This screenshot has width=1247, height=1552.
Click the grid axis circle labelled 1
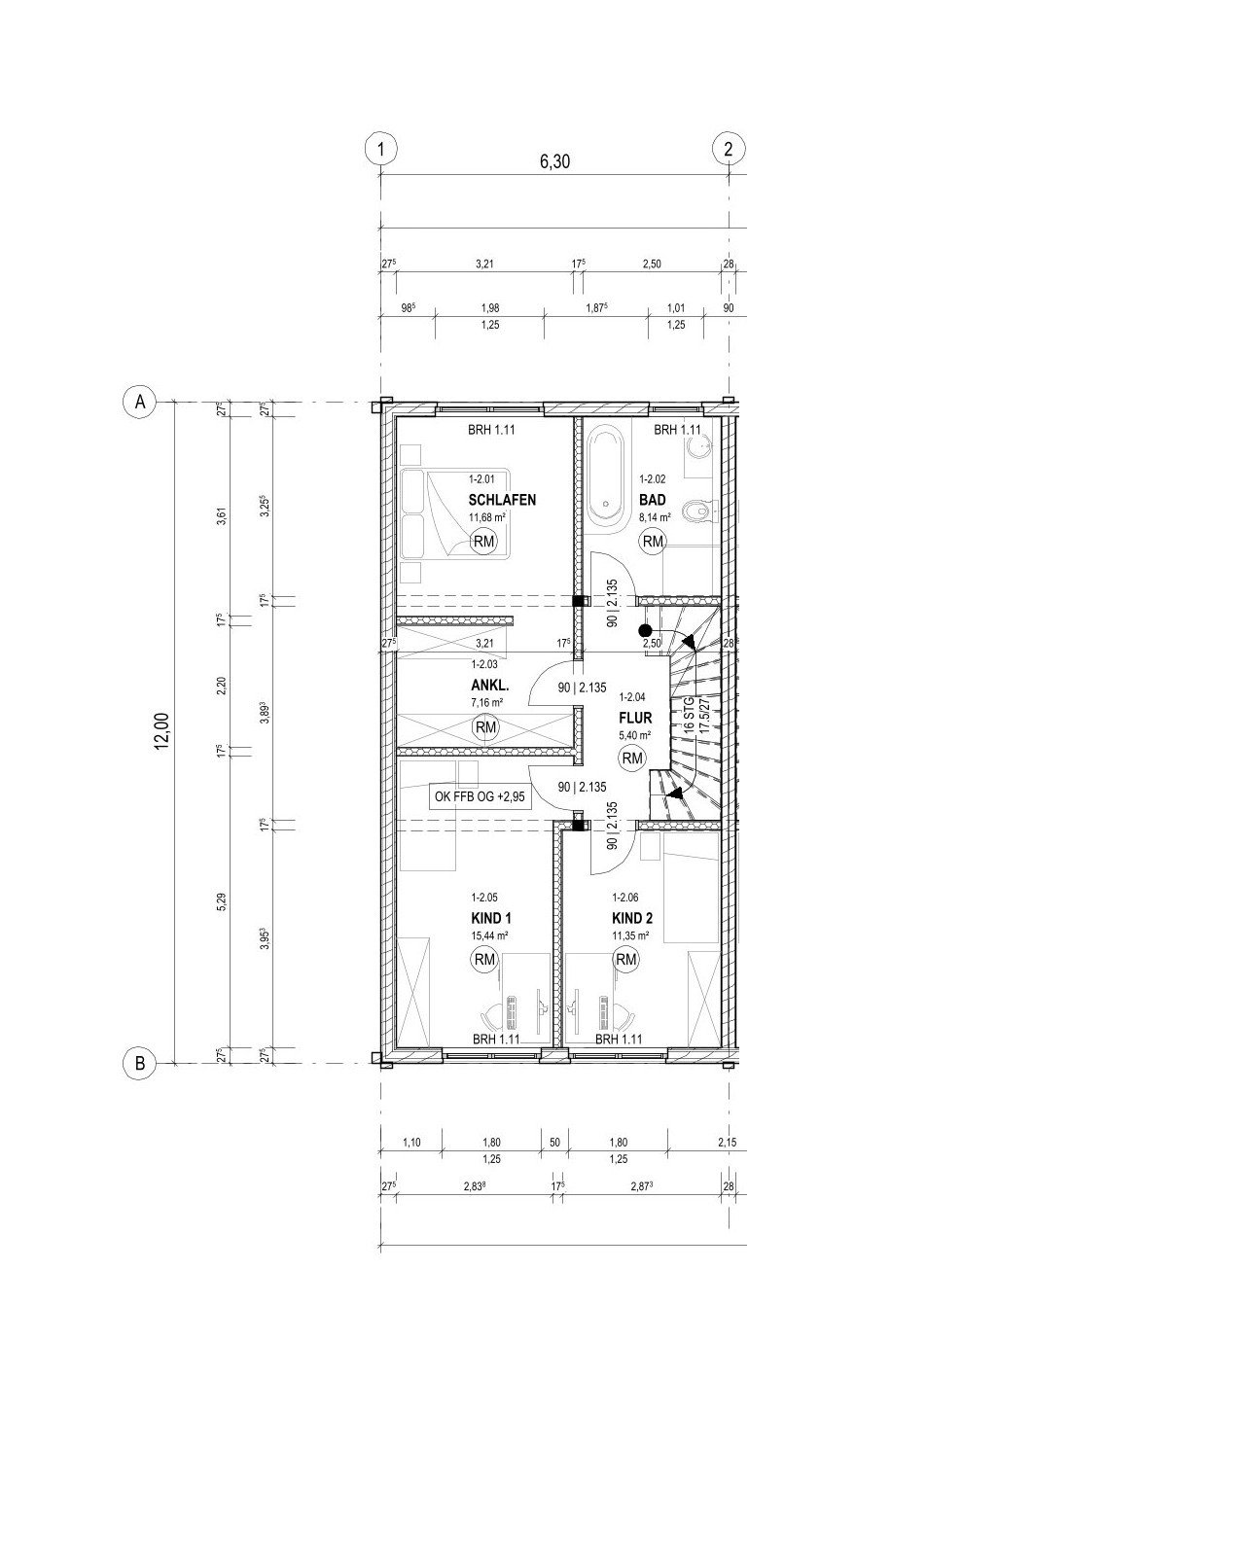click(x=381, y=149)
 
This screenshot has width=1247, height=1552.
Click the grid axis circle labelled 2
click(x=728, y=149)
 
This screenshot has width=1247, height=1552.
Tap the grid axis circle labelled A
click(x=140, y=402)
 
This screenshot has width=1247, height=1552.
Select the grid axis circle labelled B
click(x=140, y=1064)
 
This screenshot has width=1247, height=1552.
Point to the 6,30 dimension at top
click(x=554, y=161)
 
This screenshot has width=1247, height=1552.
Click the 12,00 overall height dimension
click(x=161, y=731)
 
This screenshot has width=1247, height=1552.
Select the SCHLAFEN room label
click(x=502, y=500)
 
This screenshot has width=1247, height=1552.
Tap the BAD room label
click(x=652, y=500)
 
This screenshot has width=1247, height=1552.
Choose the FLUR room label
click(x=633, y=718)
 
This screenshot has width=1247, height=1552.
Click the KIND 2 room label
click(x=632, y=918)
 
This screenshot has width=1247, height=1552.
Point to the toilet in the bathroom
click(x=698, y=510)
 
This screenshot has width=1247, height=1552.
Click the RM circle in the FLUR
click(x=633, y=758)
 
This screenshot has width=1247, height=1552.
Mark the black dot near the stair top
click(x=644, y=630)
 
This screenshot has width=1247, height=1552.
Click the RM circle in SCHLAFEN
click(x=483, y=542)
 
